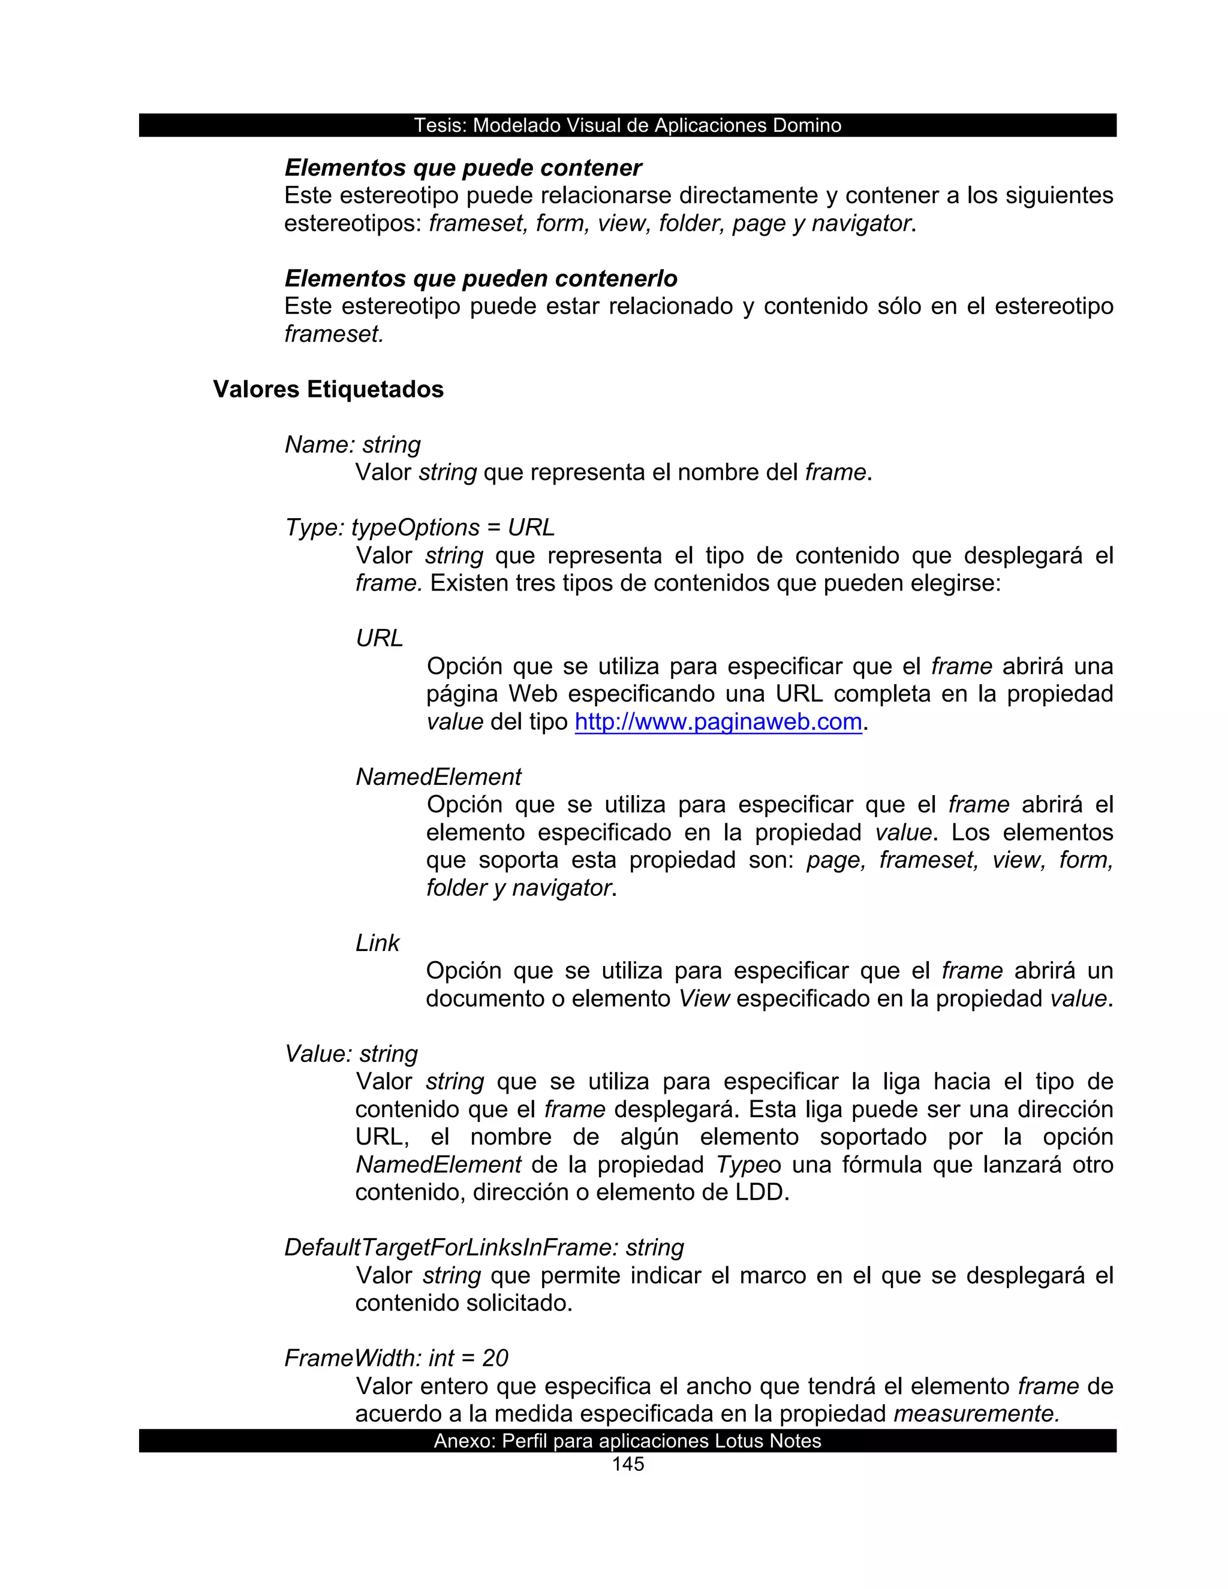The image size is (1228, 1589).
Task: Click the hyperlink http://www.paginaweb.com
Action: point(718,722)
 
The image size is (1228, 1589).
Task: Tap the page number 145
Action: point(628,1464)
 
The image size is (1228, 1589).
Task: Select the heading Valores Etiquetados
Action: point(328,389)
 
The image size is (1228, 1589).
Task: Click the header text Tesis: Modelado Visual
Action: point(627,125)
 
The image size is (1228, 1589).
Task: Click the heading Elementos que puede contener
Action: point(463,168)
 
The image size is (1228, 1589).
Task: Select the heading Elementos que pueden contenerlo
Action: point(481,279)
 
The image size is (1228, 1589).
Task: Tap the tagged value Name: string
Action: point(353,444)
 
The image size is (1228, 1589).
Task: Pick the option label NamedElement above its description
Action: point(438,777)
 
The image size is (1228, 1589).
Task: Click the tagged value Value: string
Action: point(351,1054)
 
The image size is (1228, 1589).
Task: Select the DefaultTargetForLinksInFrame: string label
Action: point(484,1247)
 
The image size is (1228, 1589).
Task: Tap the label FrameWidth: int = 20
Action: point(396,1358)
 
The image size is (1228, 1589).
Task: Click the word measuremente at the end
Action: point(976,1414)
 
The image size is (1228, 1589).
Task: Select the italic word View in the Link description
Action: point(703,999)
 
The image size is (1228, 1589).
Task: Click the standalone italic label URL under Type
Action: point(379,638)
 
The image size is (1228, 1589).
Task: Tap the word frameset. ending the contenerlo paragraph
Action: point(334,334)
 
